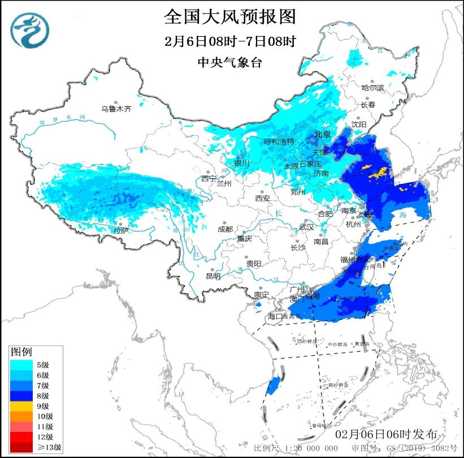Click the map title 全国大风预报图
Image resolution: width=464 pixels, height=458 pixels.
[x=230, y=17]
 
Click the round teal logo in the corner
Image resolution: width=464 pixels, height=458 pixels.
[x=30, y=31]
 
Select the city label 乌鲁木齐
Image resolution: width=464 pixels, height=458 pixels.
[x=116, y=109]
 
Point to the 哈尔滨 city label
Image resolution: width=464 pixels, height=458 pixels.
[x=372, y=88]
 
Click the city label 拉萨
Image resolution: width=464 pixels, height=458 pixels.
[x=121, y=230]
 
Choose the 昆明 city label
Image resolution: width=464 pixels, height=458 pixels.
[x=213, y=276]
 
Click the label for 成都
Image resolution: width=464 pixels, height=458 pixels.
[x=224, y=229]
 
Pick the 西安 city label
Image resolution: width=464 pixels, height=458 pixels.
[x=263, y=198]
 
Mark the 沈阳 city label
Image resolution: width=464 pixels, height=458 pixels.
[x=359, y=124]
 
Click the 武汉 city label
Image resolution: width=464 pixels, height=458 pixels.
[x=306, y=226]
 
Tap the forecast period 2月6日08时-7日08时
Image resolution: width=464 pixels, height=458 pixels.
[x=230, y=42]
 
